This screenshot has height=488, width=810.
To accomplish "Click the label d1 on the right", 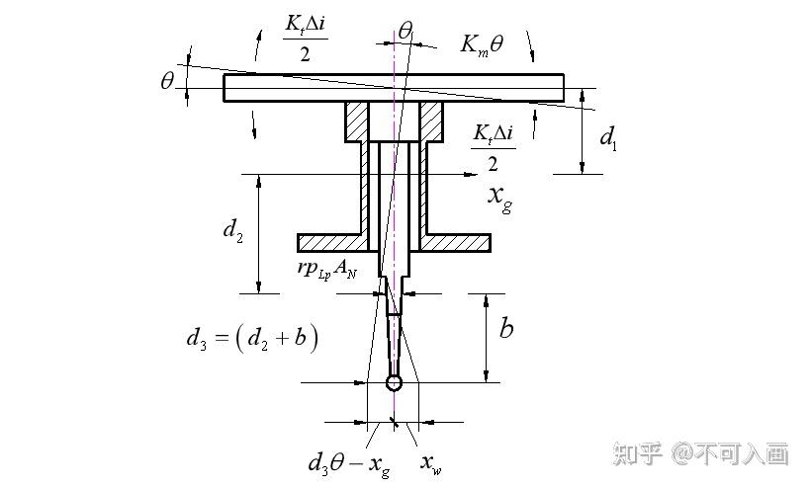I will click(608, 137).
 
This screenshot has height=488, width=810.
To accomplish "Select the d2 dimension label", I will click(232, 231).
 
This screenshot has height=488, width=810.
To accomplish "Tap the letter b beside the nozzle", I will click(505, 328).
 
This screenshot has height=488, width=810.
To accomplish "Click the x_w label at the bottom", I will click(431, 461).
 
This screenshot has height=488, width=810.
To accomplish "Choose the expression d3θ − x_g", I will click(349, 461).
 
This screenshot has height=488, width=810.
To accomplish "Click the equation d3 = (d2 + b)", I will click(252, 339).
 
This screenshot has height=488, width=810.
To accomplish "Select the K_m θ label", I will click(482, 43).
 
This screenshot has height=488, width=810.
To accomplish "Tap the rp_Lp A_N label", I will click(331, 269).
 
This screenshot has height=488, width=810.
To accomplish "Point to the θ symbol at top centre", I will click(405, 31).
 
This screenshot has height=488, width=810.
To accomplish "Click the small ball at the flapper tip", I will click(395, 382).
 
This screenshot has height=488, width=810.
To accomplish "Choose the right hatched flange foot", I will click(456, 242).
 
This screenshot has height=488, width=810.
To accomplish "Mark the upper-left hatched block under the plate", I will click(356, 122).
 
